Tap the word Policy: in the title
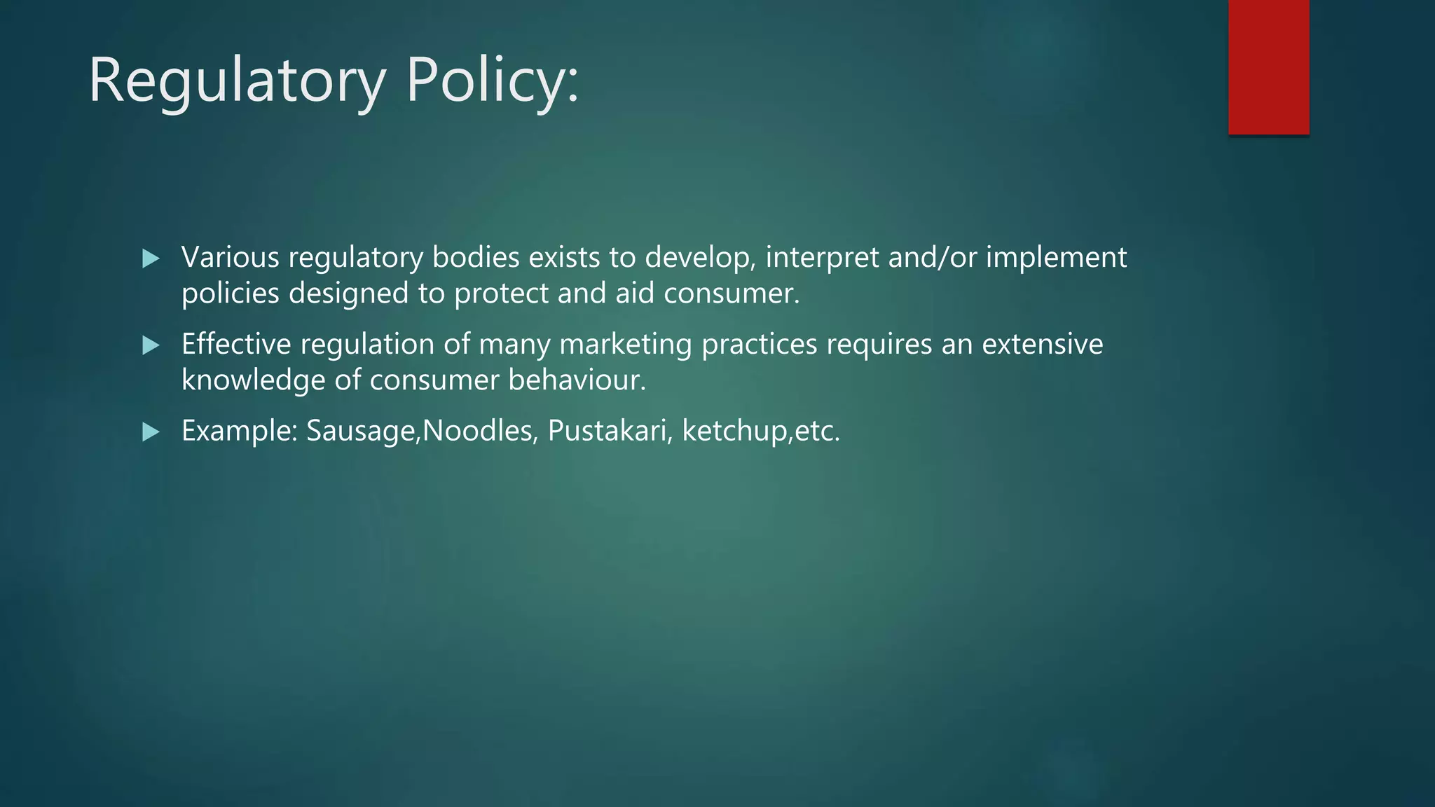493,82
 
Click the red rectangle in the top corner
1268,67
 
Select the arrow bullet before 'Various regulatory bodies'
151,259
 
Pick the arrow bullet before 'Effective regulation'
151,345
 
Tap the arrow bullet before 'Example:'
151,432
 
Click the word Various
231,258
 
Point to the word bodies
476,258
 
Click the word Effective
236,345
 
